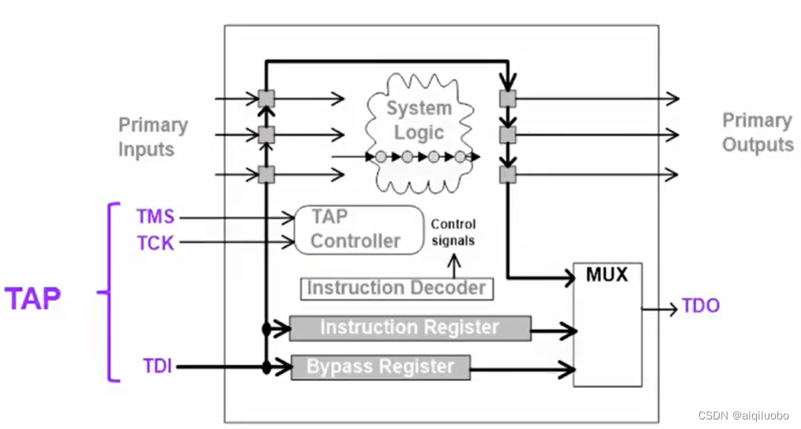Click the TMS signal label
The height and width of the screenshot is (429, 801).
[155, 216]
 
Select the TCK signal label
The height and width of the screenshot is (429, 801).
[155, 243]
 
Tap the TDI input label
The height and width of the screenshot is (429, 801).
[157, 367]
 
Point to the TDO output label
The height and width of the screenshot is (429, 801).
[701, 307]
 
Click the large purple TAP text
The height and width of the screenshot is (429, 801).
[33, 299]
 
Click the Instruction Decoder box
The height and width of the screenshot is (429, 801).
[396, 288]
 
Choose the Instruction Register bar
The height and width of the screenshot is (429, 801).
[410, 328]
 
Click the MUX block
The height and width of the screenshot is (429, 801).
[607, 324]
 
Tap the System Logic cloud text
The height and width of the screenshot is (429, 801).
[419, 120]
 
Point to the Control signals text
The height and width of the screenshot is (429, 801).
[453, 232]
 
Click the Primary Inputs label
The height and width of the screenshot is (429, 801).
[153, 137]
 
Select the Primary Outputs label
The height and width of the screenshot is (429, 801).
[758, 133]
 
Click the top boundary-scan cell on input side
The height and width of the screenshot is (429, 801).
[266, 99]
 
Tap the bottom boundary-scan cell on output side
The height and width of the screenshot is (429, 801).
[508, 174]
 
